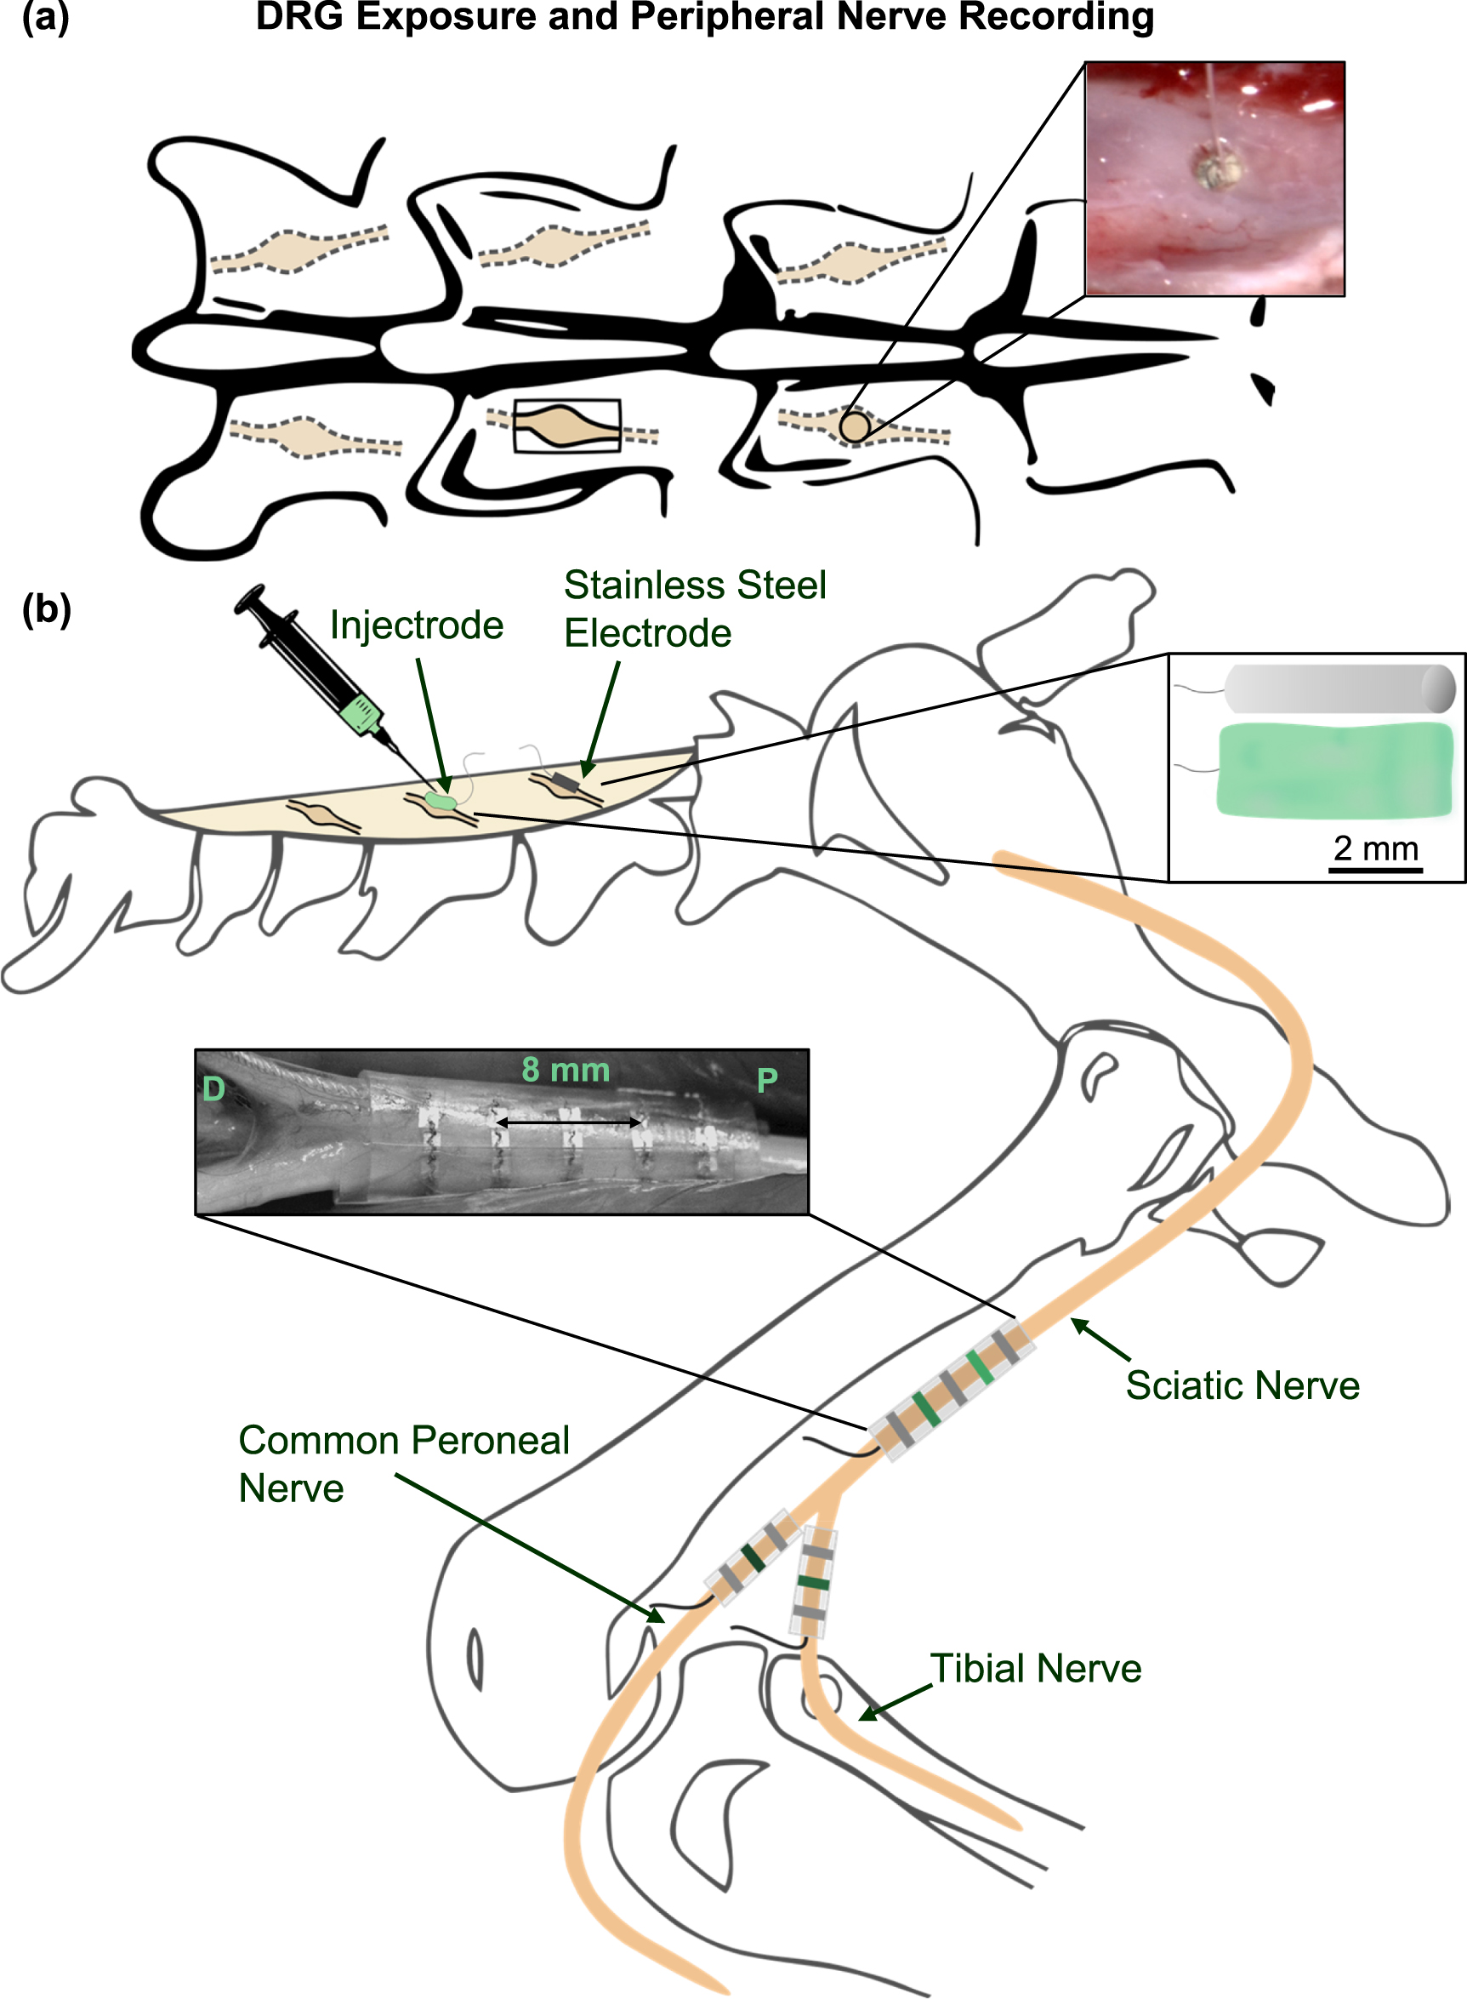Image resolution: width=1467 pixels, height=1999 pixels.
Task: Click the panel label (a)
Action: click(x=44, y=18)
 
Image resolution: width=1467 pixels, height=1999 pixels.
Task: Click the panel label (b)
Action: click(x=46, y=609)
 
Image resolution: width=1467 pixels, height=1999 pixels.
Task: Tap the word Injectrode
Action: click(x=417, y=625)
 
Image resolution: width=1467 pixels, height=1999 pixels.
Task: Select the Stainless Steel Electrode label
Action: click(x=695, y=609)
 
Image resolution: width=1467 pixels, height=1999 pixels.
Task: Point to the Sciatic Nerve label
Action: click(x=1242, y=1386)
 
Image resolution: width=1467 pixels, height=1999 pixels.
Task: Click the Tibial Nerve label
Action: click(x=1034, y=1669)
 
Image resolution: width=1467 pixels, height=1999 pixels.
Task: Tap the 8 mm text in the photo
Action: click(x=566, y=1070)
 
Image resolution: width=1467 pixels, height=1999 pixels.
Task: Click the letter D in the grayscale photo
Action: click(x=213, y=1089)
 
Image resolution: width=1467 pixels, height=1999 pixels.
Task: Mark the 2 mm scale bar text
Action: click(x=1375, y=848)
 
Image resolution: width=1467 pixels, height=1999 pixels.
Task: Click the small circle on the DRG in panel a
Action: click(x=855, y=426)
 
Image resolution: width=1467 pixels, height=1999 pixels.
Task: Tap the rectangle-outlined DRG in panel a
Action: click(x=567, y=426)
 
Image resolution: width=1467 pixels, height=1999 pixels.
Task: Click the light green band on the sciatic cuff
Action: click(x=980, y=1368)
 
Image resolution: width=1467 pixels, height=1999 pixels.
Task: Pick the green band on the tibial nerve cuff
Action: click(x=812, y=1583)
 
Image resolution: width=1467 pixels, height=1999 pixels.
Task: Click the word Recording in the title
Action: click(x=1056, y=18)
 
